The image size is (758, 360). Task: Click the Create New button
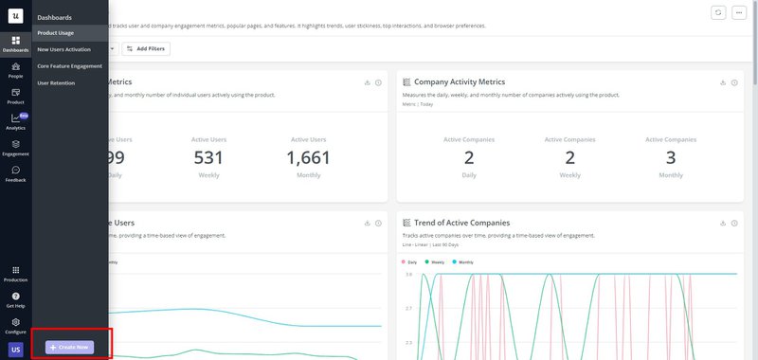(70, 348)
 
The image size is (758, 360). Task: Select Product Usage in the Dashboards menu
(56, 32)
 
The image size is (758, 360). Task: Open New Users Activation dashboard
(63, 49)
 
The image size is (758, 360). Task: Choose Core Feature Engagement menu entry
(69, 66)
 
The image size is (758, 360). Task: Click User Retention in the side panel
(56, 83)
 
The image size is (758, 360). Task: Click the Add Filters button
(146, 48)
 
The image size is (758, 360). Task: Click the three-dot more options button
(739, 12)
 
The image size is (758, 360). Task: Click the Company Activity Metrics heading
(459, 82)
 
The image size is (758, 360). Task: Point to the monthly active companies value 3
(671, 157)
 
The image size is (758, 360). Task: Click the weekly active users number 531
(208, 157)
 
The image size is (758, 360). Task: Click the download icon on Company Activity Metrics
(723, 82)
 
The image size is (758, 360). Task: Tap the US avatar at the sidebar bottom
(15, 350)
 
